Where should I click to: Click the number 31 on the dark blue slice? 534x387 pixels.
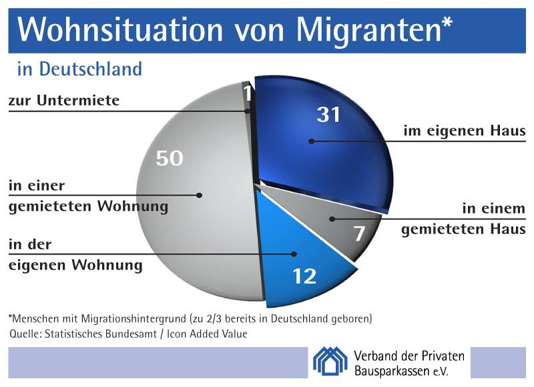pos(328,114)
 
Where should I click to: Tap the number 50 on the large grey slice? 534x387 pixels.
pos(170,158)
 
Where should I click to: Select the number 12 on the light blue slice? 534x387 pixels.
pos(305,276)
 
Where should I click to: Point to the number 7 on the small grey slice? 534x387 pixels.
pos(359,233)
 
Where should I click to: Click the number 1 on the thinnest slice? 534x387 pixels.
pos(248,93)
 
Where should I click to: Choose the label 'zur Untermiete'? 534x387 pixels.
pos(64,100)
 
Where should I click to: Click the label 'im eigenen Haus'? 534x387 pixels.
pos(465,130)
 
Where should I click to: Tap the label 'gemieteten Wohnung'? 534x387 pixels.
pos(89,207)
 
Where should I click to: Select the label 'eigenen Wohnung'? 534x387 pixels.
pos(75,265)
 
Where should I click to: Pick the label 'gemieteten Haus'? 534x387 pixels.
pos(463,229)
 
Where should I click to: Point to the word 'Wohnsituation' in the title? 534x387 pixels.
pos(120,30)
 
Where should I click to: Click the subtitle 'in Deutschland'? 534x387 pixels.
pos(79,69)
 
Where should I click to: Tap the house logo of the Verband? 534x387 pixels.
pos(330,361)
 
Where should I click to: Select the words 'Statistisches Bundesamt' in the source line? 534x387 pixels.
pos(101,334)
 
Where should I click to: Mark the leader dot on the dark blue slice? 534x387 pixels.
pos(311,141)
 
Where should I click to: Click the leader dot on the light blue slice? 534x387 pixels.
pos(294,254)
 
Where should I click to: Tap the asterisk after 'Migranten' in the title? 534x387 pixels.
pos(447,22)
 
